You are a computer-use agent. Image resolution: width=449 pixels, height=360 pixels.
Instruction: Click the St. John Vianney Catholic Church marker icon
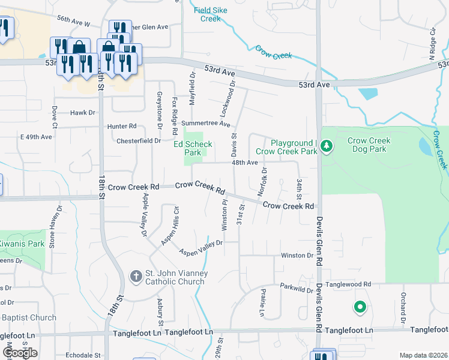click(x=136, y=277)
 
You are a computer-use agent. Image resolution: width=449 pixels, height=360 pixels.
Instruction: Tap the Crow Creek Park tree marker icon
click(x=326, y=146)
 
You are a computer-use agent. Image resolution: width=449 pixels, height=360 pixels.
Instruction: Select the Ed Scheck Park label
click(x=193, y=148)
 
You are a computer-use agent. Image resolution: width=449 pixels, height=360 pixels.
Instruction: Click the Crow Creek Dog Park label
click(x=369, y=145)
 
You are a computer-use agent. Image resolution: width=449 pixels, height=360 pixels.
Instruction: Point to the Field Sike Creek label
click(x=211, y=14)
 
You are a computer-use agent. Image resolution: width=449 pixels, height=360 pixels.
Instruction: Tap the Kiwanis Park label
click(x=23, y=244)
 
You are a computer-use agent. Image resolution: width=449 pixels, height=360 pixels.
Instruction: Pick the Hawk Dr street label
click(x=83, y=112)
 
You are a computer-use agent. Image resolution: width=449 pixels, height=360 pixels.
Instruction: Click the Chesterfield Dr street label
click(x=141, y=140)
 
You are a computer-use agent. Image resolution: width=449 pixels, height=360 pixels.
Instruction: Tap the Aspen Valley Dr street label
click(x=201, y=248)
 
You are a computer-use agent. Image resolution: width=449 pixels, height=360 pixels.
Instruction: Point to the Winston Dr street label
click(x=297, y=256)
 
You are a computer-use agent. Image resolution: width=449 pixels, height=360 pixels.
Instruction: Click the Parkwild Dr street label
click(x=297, y=289)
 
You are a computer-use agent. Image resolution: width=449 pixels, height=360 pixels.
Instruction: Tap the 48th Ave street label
click(x=245, y=163)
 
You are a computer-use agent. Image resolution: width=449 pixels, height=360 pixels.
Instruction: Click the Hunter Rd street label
click(x=122, y=126)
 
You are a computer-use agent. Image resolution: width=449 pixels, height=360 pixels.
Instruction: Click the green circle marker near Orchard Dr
click(x=360, y=308)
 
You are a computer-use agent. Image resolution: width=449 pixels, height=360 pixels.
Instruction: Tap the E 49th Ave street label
click(x=36, y=137)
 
